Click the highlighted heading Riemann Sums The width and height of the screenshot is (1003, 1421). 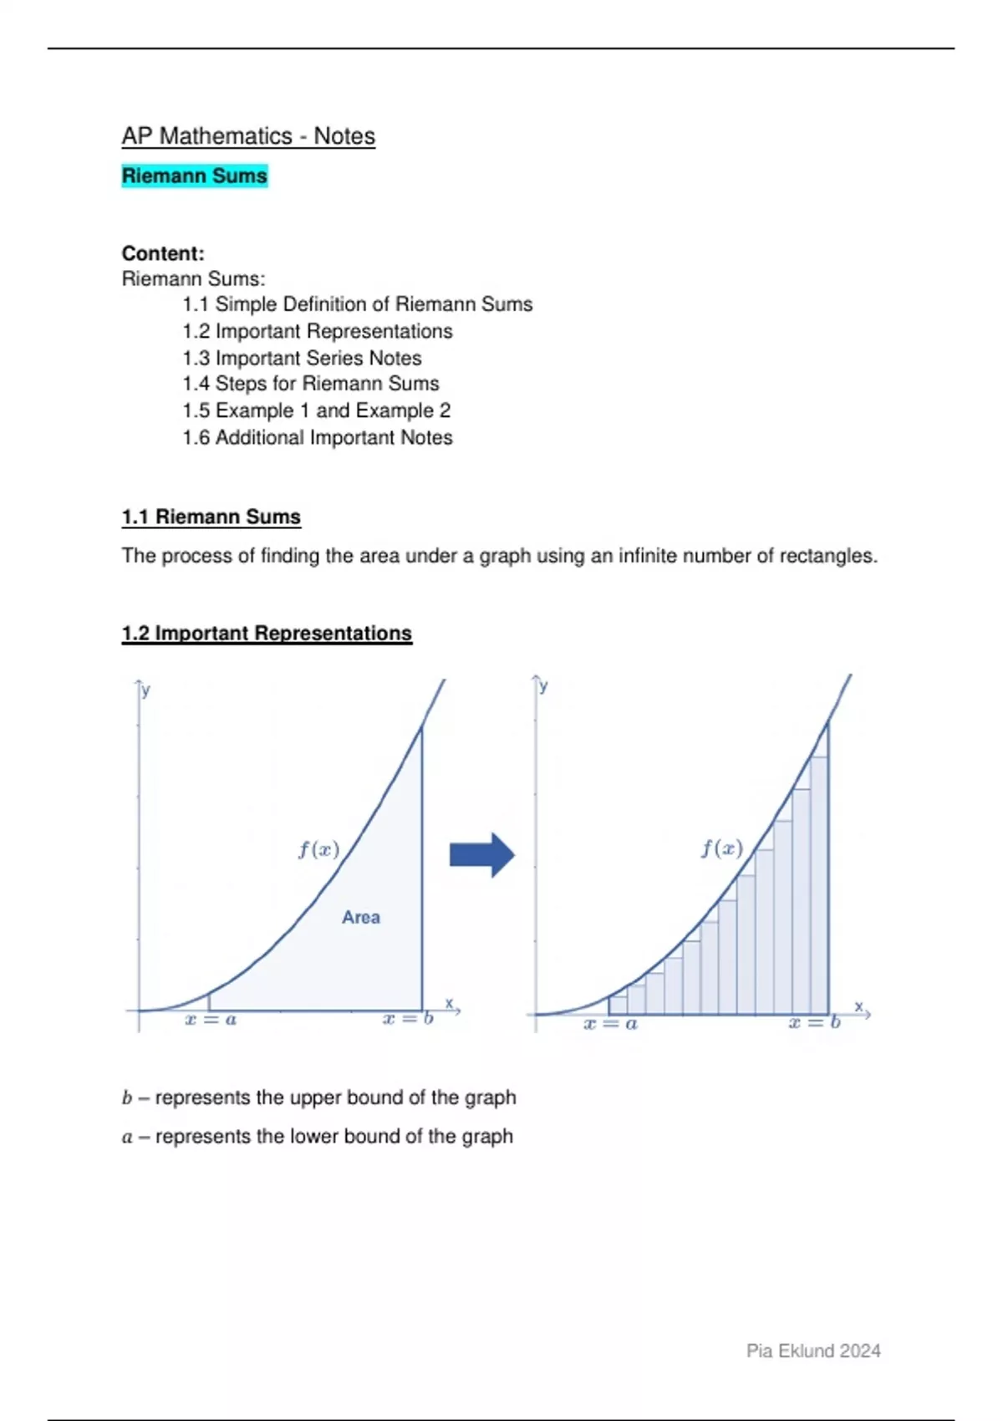(x=194, y=176)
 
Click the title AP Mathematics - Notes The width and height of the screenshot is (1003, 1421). (x=248, y=136)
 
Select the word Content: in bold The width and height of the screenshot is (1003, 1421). (x=163, y=253)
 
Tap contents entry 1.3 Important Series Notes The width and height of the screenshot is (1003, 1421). (x=302, y=358)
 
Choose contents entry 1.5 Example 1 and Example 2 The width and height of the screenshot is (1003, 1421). (x=316, y=410)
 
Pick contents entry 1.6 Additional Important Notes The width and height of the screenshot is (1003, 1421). (x=317, y=437)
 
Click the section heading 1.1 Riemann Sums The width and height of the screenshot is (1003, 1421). (x=211, y=517)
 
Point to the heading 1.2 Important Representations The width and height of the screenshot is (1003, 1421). (x=267, y=633)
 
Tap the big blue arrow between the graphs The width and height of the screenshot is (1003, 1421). (x=481, y=854)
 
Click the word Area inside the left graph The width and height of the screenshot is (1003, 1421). (x=360, y=917)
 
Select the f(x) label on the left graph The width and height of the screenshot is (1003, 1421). (x=318, y=849)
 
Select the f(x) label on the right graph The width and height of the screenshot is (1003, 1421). (x=721, y=848)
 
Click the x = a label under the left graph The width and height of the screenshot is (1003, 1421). (x=211, y=1020)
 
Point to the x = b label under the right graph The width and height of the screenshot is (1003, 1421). (x=814, y=1022)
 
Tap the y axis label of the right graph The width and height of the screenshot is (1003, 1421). (x=544, y=686)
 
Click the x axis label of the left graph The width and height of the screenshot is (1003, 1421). (x=449, y=1003)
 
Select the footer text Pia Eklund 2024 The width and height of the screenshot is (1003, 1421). (x=813, y=1351)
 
